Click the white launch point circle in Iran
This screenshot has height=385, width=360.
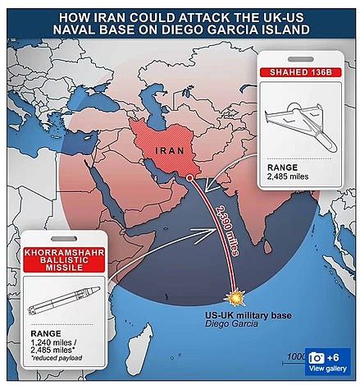[x=189, y=176]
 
